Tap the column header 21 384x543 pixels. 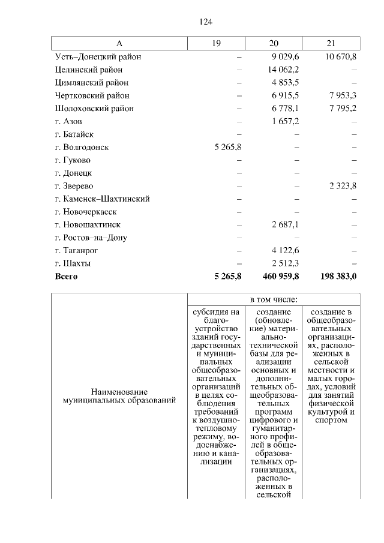pos(331,44)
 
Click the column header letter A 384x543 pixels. pos(119,44)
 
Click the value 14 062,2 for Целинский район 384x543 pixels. pos(285,70)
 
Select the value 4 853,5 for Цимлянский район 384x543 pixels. pos(287,83)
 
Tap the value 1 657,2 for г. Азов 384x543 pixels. pos(287,121)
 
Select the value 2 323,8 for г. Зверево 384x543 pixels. pos(343,186)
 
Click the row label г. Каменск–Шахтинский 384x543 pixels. pos(101,199)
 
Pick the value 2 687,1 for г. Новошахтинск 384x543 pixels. pos(287,224)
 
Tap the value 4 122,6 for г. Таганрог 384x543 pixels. pos(287,250)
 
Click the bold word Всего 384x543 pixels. pos(66,277)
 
